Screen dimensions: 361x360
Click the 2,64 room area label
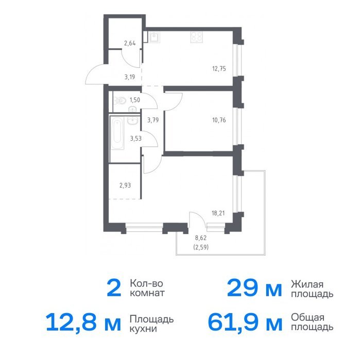(x=130, y=43)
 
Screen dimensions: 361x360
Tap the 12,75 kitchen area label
(x=219, y=68)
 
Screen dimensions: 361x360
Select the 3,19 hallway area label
(x=130, y=77)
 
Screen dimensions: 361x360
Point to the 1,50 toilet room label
(x=135, y=100)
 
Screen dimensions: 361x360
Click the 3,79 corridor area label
(x=153, y=120)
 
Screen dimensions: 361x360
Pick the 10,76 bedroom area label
(x=219, y=120)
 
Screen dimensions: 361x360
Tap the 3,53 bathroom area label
(x=136, y=138)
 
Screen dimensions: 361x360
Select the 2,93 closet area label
(x=125, y=185)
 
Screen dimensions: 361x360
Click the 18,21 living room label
(x=218, y=213)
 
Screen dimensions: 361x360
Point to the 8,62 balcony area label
(x=200, y=238)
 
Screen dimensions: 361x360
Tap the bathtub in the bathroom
(x=117, y=133)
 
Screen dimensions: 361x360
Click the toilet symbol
(x=119, y=100)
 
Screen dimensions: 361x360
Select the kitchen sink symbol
(x=154, y=37)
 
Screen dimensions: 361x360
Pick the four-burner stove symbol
(x=197, y=37)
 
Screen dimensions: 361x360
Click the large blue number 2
(x=114, y=288)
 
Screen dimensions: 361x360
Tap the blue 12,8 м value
(x=83, y=322)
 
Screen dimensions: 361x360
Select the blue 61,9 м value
(x=245, y=322)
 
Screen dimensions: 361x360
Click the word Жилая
(x=307, y=284)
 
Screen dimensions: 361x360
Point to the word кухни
(x=143, y=329)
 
